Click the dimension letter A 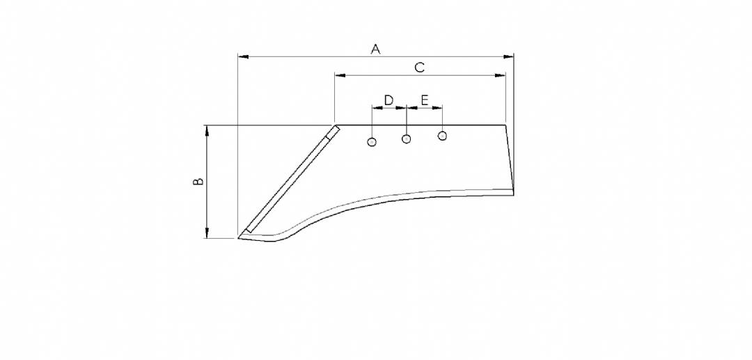tap(375, 49)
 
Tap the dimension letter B tap(198, 182)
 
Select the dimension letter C tap(420, 68)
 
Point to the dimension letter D tap(389, 100)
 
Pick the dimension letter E tap(425, 100)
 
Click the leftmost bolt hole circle tap(372, 142)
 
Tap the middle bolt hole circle tap(406, 139)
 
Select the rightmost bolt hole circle tap(442, 136)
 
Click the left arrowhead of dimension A tap(244, 56)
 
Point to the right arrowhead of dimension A tap(508, 56)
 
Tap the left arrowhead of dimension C tap(340, 75)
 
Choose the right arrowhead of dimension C tap(500, 75)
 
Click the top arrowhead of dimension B tap(207, 131)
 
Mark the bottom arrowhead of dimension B tap(207, 233)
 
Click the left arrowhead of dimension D tap(377, 108)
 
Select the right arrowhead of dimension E tap(437, 108)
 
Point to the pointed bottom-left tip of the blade tap(238, 237)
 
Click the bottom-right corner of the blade tap(513, 194)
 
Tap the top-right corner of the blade tap(506, 125)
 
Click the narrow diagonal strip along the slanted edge tap(292, 180)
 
